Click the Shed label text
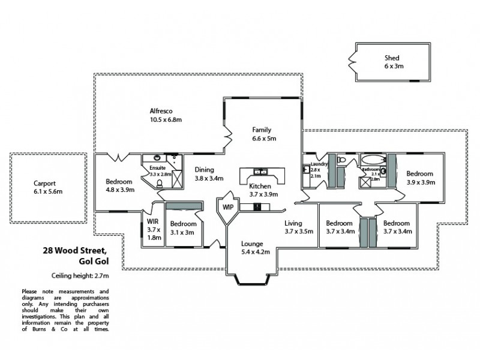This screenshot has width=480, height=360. pos(392,58)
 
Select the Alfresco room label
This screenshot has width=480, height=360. pos(161,112)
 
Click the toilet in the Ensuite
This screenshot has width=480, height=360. pos(160,183)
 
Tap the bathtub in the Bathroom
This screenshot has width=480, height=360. pos(373,160)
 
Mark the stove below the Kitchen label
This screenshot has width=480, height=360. pos(259,207)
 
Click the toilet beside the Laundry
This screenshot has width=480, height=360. pos(340,160)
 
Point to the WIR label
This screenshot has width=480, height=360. pos(152,221)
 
